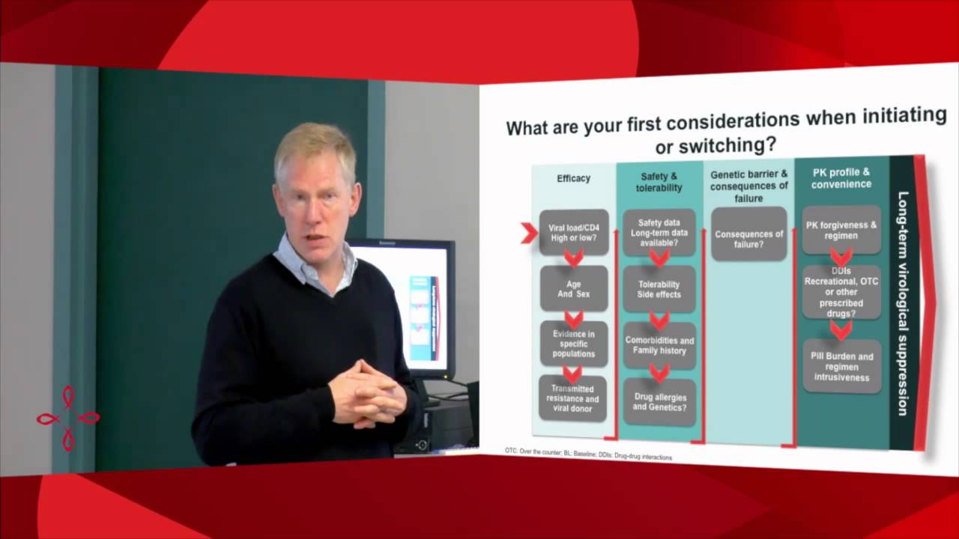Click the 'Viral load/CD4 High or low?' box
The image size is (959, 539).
tap(574, 232)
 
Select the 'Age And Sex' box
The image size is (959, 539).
tap(574, 288)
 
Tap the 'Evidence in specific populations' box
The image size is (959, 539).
tap(574, 343)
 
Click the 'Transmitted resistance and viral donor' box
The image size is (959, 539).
tap(572, 398)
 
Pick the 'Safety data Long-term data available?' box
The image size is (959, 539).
tap(659, 232)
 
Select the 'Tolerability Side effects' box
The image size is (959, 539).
tap(659, 289)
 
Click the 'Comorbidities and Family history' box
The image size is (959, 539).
tap(659, 345)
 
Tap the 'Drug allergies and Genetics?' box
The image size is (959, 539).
tap(659, 401)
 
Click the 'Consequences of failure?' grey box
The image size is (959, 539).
tap(748, 234)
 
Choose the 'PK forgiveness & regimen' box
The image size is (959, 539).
tap(841, 230)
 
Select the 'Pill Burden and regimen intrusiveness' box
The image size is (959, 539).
tap(841, 367)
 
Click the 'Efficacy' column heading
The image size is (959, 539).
tap(573, 178)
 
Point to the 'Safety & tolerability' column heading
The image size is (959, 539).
tap(659, 182)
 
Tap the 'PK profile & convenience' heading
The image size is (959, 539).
tap(841, 178)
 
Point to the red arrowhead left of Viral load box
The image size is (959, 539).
tap(529, 233)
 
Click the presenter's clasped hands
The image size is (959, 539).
tap(367, 393)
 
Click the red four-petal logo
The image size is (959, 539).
tap(67, 418)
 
